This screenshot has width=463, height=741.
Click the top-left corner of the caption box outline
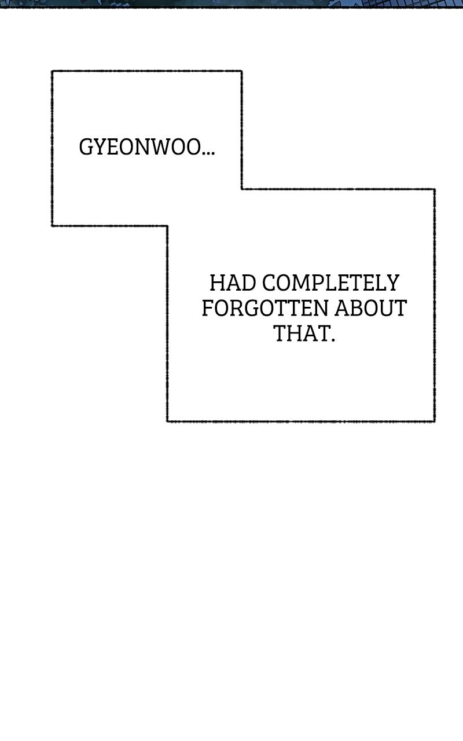[52, 71]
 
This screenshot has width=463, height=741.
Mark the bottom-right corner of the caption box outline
[434, 421]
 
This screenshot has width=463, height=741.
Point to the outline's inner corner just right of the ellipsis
[242, 189]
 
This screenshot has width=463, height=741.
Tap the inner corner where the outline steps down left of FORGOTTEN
[167, 226]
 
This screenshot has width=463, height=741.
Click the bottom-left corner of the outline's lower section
[167, 421]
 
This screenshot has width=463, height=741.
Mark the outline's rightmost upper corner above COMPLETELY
[434, 189]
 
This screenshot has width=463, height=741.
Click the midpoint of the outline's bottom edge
[301, 421]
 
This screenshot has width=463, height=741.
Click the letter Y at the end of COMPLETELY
[392, 283]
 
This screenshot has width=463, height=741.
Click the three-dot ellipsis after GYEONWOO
[208, 153]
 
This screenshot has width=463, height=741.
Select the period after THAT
[333, 339]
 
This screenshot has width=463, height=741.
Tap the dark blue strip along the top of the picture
[231, 4]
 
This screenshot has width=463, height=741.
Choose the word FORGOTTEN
[265, 308]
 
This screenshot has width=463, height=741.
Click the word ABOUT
[370, 308]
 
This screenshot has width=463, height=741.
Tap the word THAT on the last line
[301, 333]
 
